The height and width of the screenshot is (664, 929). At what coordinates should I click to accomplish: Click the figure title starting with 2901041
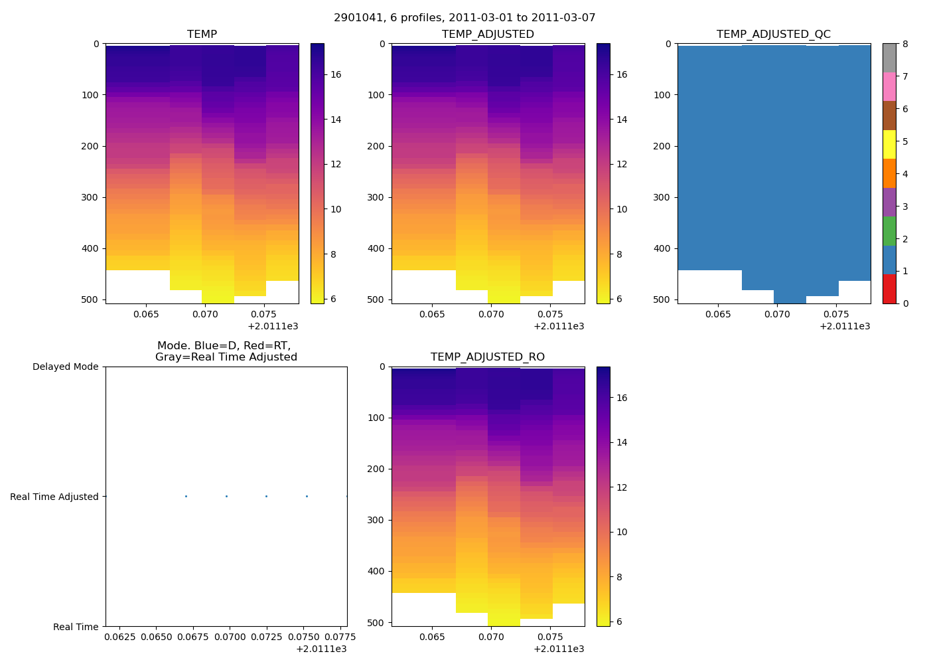(464, 18)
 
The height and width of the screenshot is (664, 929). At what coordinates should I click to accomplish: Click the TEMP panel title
(202, 35)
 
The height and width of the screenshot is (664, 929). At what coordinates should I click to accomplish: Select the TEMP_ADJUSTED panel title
(488, 35)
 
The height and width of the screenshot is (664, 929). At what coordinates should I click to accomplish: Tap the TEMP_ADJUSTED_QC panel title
(774, 35)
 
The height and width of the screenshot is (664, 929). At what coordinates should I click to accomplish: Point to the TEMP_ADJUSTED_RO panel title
(488, 357)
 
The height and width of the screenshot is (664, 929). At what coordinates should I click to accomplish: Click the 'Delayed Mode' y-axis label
(65, 367)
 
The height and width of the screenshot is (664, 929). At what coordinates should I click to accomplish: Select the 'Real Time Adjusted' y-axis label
(54, 497)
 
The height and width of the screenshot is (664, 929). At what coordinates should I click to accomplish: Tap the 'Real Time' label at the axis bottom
(76, 627)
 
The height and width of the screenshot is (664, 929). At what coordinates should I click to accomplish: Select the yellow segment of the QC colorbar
(889, 145)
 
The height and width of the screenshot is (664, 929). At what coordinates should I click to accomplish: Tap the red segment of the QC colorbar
(889, 289)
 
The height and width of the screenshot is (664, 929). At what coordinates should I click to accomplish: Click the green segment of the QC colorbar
(889, 231)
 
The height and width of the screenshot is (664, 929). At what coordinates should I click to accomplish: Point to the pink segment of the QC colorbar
(889, 87)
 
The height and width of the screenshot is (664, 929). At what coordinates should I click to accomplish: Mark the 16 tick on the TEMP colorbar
(336, 74)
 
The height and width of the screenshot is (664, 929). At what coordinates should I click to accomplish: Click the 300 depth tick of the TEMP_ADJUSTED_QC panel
(663, 197)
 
